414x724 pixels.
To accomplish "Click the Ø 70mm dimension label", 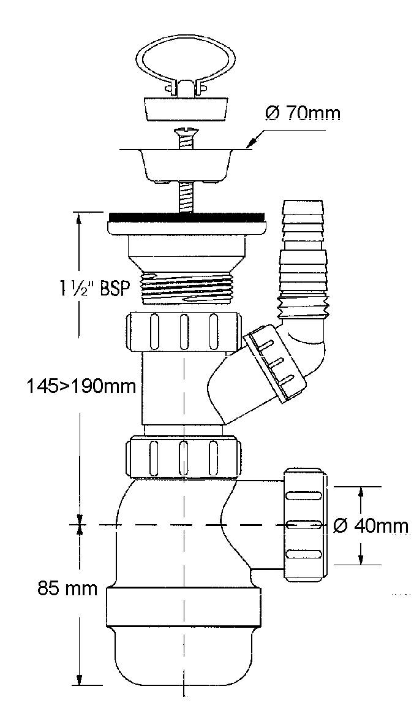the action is click(x=303, y=113).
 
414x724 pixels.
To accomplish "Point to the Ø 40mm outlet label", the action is click(x=371, y=525).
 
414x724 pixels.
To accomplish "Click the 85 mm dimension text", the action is click(x=68, y=589).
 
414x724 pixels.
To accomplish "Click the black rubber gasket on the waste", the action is click(x=187, y=216).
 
